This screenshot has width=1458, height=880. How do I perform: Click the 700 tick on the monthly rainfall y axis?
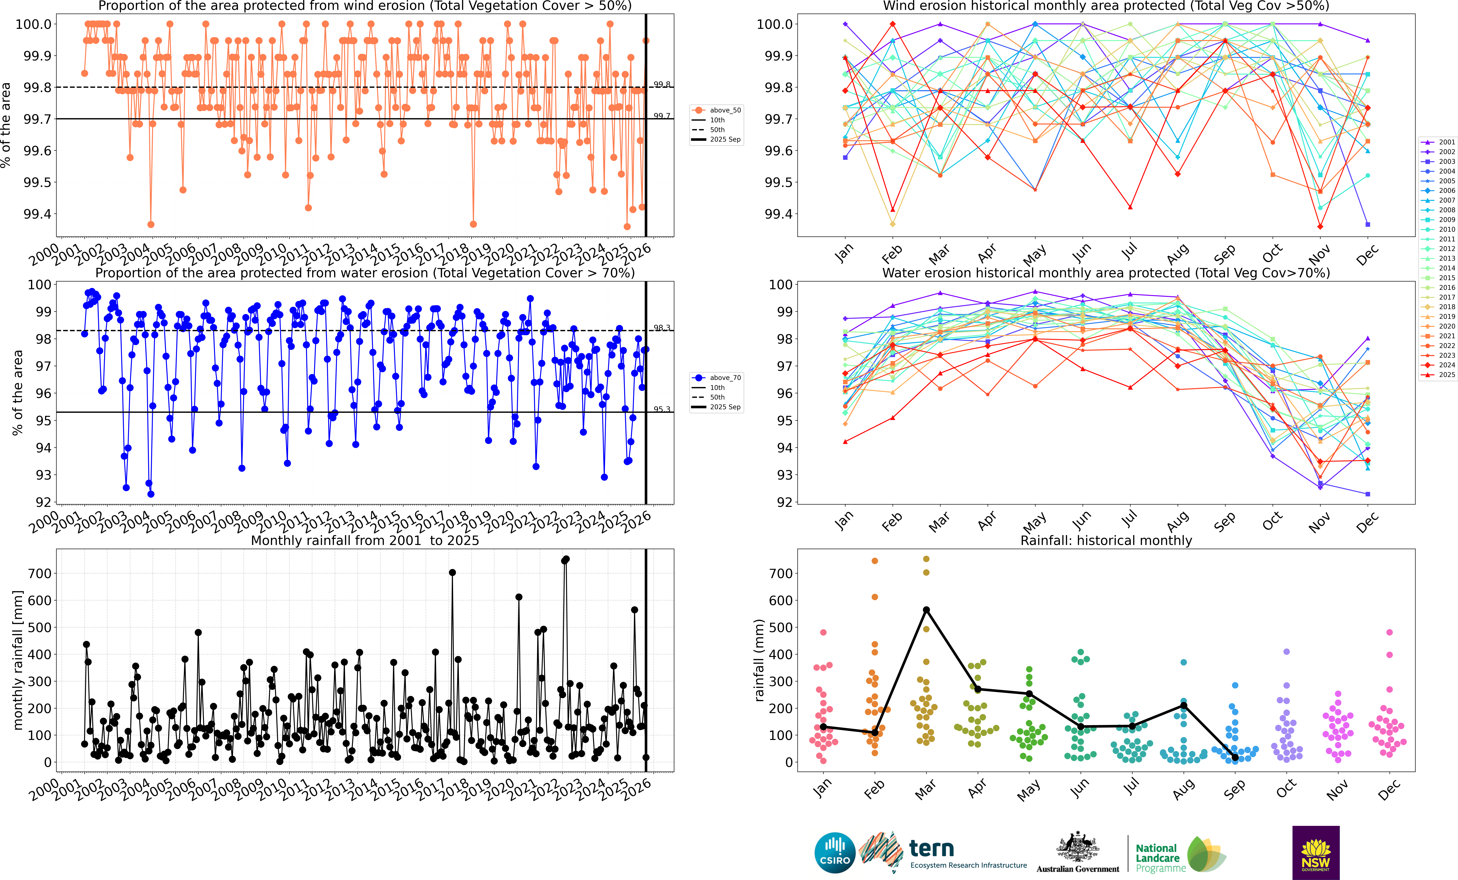[40, 574]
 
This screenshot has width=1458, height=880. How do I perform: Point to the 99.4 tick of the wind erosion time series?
[37, 214]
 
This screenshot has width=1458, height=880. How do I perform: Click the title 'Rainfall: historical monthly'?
[1106, 540]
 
